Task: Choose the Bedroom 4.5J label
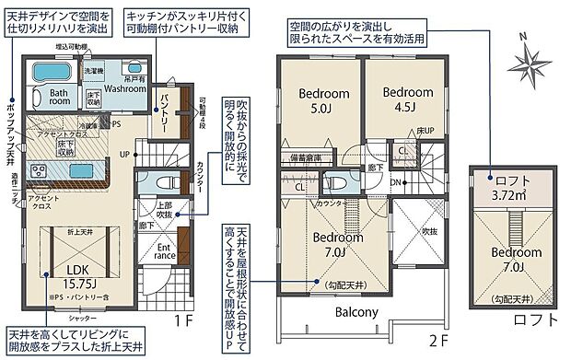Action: click(407, 99)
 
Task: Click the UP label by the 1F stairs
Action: click(125, 154)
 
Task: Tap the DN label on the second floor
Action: click(396, 182)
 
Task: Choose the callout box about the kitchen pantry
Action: click(181, 23)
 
